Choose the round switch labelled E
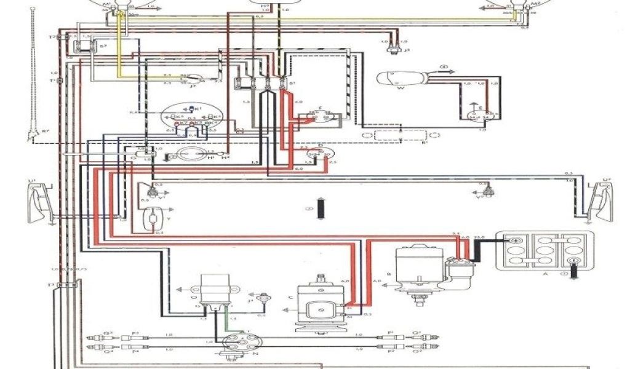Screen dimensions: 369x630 click(x=474, y=114)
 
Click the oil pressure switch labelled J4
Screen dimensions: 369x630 click(x=265, y=299)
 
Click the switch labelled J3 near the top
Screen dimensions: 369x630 click(x=389, y=44)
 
